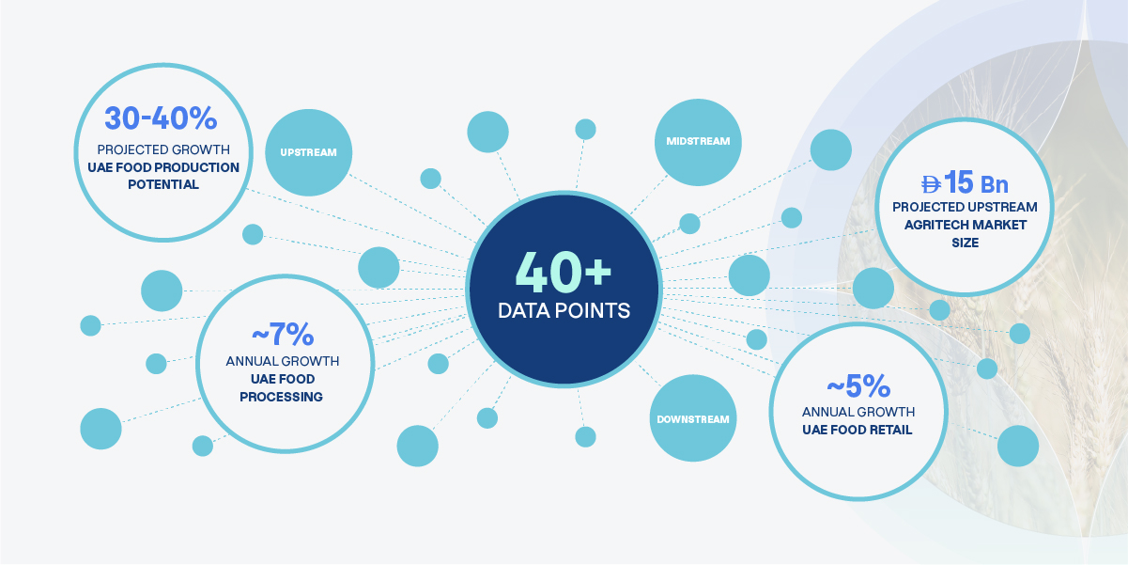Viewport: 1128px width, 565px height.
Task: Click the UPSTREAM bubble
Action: (308, 152)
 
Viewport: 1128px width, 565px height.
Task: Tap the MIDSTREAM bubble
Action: (698, 142)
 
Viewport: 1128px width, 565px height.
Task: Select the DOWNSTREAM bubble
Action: (693, 418)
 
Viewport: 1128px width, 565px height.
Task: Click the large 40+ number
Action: (564, 273)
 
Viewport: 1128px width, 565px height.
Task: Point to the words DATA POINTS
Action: (564, 310)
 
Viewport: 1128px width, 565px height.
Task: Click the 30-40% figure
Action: (161, 118)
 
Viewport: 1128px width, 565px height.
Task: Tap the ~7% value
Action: (283, 334)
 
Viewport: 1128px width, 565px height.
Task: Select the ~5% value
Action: (858, 386)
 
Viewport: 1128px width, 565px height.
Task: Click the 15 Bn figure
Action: (976, 182)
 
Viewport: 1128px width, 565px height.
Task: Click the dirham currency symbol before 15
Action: (931, 184)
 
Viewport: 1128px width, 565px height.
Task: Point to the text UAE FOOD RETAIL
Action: (858, 430)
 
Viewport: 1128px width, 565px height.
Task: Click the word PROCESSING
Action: (281, 397)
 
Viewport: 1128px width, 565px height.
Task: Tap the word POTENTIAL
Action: (163, 184)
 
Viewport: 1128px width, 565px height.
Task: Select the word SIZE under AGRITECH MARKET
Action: (965, 243)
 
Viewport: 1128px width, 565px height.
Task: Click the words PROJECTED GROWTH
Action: (163, 149)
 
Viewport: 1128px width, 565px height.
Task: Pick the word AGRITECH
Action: (932, 225)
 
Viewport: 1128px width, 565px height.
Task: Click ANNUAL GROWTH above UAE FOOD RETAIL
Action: (858, 413)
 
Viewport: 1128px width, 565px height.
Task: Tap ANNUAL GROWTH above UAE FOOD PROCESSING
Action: (282, 361)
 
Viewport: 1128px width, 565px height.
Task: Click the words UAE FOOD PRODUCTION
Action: (163, 167)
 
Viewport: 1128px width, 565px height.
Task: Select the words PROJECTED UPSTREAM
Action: (965, 207)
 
